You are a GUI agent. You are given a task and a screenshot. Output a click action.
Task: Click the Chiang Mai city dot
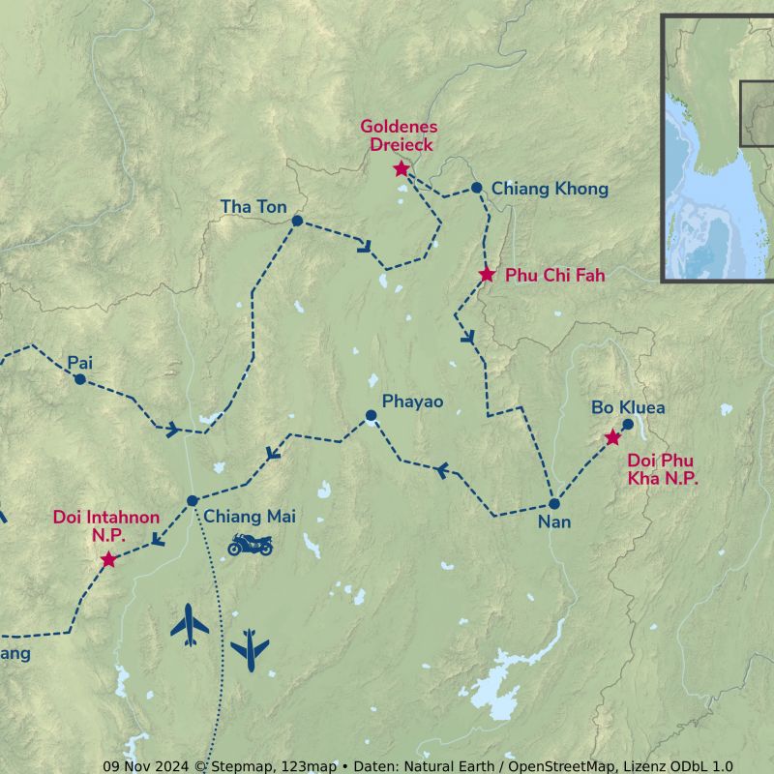tap(193, 500)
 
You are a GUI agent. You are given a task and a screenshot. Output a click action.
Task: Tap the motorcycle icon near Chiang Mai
tap(250, 545)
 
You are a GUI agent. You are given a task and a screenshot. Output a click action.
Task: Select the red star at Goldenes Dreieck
tap(402, 169)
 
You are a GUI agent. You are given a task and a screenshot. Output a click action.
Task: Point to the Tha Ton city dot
tap(297, 221)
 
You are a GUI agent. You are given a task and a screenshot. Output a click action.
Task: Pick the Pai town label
tap(79, 363)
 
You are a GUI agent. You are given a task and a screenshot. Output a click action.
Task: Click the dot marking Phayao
tap(371, 415)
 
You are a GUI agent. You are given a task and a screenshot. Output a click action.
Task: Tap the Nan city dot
tap(554, 504)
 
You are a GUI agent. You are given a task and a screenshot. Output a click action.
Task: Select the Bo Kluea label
tap(628, 407)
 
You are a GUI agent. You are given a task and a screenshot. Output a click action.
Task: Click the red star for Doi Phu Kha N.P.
tap(612, 438)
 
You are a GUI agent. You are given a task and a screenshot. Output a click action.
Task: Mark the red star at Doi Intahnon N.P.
tap(108, 560)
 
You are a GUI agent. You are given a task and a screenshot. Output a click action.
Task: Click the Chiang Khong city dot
tap(476, 188)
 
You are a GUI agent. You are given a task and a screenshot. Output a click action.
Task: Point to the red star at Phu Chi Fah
tap(487, 275)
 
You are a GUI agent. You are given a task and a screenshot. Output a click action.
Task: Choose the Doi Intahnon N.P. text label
tap(106, 525)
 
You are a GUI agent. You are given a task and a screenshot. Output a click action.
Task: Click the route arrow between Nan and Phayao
tap(442, 470)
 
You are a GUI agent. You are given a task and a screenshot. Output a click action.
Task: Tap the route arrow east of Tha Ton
tap(364, 246)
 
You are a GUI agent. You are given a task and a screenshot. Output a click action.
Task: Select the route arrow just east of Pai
tap(171, 429)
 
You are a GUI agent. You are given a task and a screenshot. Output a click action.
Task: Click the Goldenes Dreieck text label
tap(400, 135)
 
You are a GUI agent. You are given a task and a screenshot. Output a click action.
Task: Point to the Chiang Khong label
tap(550, 189)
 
